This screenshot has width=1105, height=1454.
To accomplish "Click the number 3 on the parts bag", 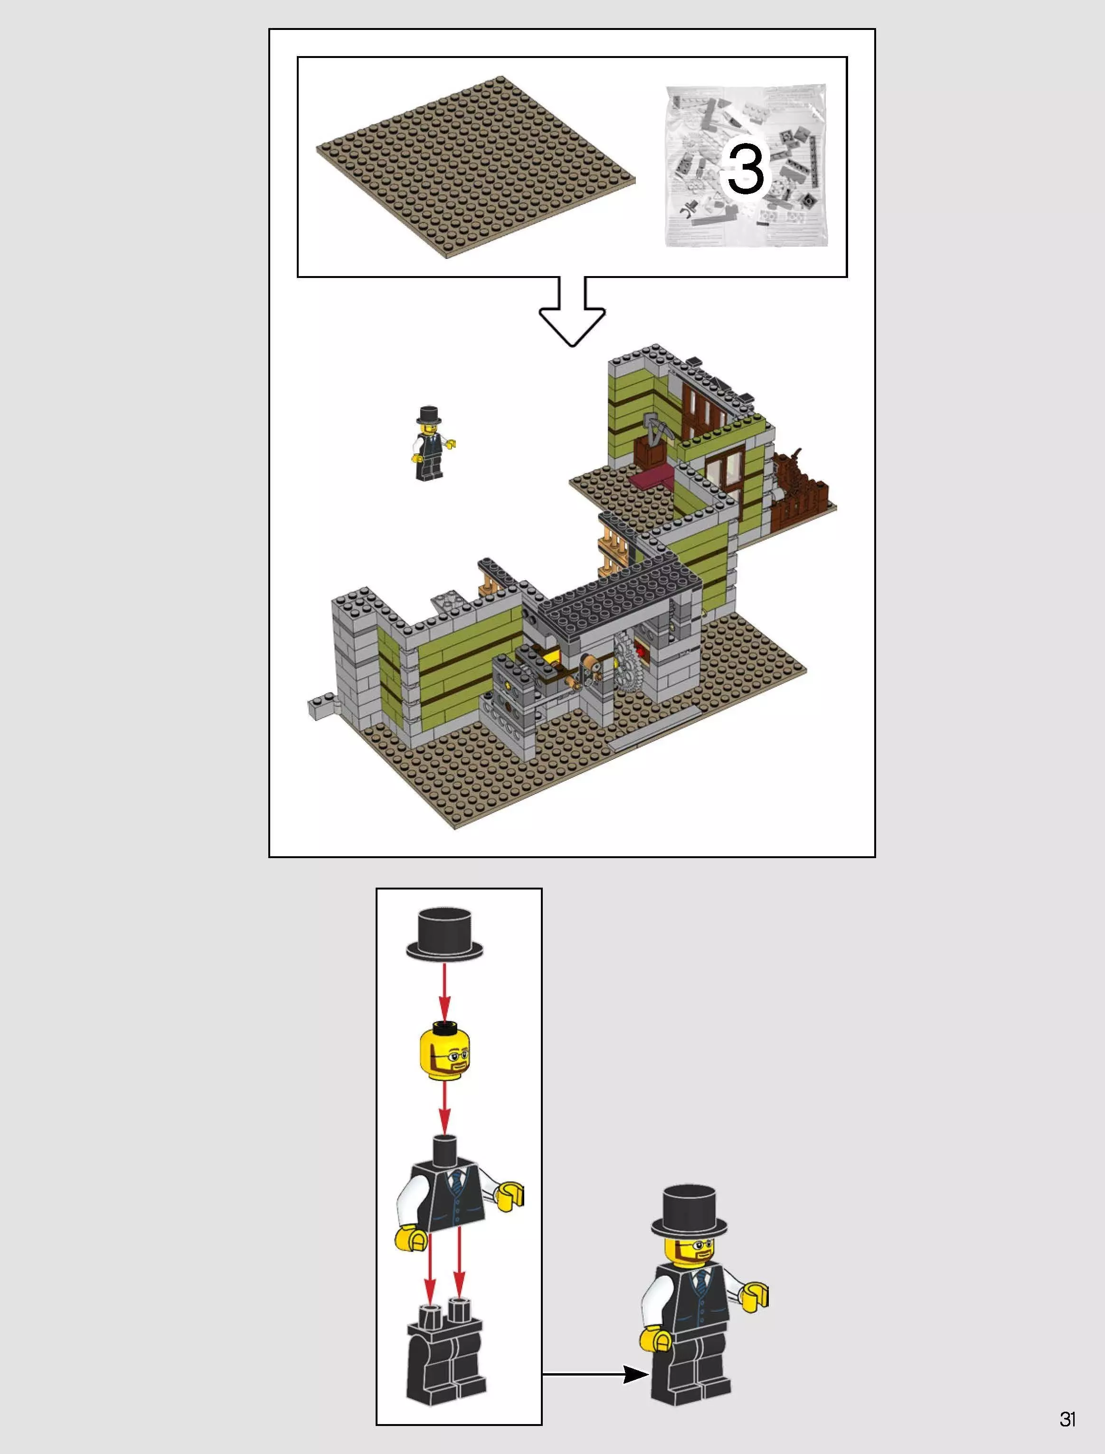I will click(745, 169).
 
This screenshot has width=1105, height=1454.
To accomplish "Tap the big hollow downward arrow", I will click(572, 316).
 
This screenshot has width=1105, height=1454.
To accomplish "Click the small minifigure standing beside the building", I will click(429, 444).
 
